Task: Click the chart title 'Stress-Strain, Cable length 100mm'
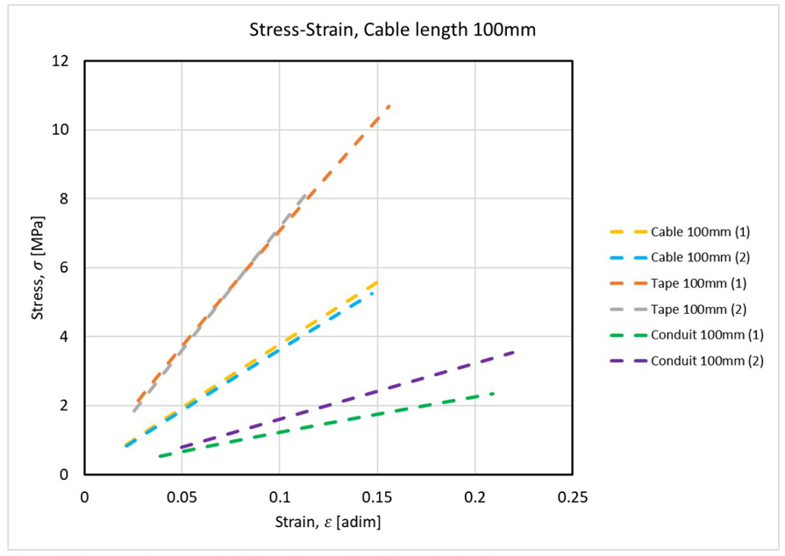coord(393,31)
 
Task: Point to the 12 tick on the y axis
coord(62,61)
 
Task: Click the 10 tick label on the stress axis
coord(62,130)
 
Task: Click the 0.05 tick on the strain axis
coord(182,495)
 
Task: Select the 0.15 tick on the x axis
coord(377,495)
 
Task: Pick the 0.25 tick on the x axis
coord(572,495)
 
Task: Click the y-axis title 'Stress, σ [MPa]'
coord(39,267)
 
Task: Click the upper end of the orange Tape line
coord(389,106)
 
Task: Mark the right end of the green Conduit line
coord(494,394)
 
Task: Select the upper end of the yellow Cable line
coord(377,282)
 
